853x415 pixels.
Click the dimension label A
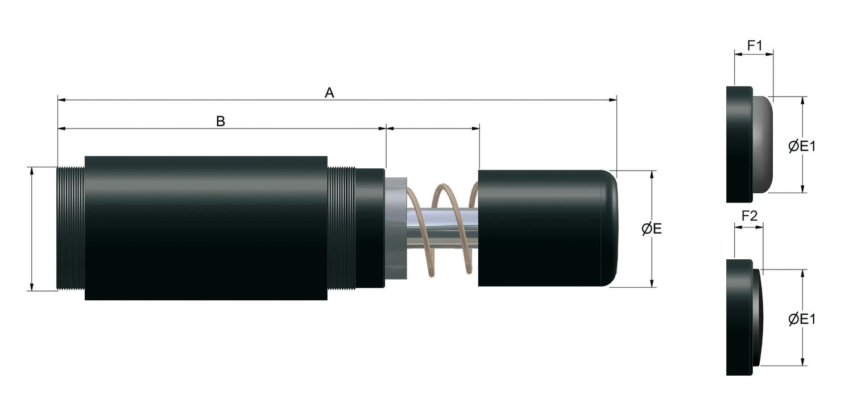(x=329, y=93)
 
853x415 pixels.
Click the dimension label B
(x=221, y=122)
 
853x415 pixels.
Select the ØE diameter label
(x=652, y=229)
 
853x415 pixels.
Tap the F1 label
(x=755, y=45)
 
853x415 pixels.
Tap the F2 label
(x=750, y=216)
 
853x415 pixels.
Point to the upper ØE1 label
(x=802, y=146)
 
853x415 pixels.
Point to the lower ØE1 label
(x=802, y=319)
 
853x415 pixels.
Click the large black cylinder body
(x=206, y=227)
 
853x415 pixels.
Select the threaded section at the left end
(x=71, y=229)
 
